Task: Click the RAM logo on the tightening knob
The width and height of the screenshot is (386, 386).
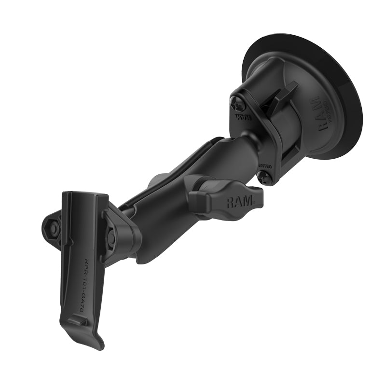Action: [x=239, y=201]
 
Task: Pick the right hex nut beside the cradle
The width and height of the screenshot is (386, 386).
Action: [x=111, y=238]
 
